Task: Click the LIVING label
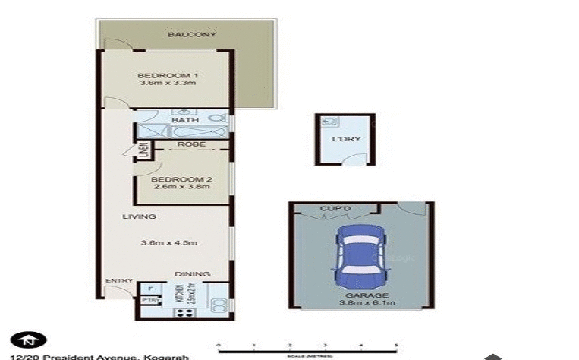pyautogui.click(x=139, y=216)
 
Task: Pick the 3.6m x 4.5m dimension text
pyautogui.click(x=168, y=243)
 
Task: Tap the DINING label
pyautogui.click(x=192, y=274)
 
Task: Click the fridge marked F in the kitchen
pyautogui.click(x=149, y=289)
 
